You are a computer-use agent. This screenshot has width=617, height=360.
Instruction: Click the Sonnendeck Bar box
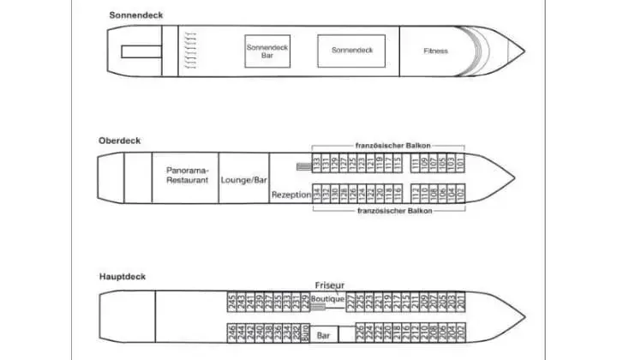coord(267,51)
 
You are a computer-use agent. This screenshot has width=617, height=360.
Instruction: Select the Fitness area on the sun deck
coord(435,51)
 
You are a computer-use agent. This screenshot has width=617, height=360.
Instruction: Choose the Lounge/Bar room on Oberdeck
coord(244,181)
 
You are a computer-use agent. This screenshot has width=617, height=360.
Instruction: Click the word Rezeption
coord(290,195)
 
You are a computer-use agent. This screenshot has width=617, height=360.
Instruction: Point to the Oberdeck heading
coord(118,141)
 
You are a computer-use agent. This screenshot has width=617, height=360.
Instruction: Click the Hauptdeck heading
coord(120,276)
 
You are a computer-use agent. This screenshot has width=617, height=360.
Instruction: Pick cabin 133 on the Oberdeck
coord(315,163)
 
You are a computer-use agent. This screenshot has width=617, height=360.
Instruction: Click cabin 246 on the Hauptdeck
coord(232,333)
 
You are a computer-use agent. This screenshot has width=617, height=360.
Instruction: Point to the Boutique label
coord(327,299)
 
